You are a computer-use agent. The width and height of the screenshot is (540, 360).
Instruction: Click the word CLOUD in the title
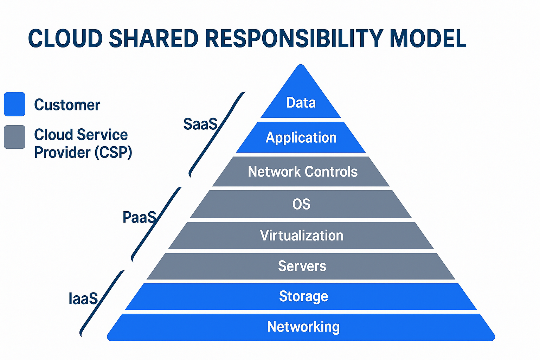(65, 38)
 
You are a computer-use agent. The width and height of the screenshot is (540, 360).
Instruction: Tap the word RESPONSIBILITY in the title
(294, 38)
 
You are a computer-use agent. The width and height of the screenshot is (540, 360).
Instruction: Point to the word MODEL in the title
(428, 38)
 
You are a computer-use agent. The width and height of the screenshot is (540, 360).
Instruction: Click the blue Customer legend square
(14, 104)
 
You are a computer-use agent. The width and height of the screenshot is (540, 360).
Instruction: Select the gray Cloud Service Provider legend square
(14, 137)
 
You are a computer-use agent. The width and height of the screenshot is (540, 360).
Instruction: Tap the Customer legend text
(67, 105)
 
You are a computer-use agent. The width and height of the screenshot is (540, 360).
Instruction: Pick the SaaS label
(200, 124)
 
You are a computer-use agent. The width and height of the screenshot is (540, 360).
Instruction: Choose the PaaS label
(139, 217)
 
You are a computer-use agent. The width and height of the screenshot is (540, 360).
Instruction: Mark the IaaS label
(83, 299)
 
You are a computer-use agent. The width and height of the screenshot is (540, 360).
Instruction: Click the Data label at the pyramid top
(301, 103)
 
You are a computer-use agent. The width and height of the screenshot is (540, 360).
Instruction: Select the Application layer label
(301, 137)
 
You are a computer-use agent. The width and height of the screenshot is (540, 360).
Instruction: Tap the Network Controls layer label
(302, 172)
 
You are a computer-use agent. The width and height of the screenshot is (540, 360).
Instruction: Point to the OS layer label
(301, 204)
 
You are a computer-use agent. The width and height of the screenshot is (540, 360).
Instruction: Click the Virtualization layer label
(302, 236)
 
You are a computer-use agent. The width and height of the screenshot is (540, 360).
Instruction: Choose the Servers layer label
(302, 266)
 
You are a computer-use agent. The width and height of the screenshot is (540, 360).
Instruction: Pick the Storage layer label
(303, 296)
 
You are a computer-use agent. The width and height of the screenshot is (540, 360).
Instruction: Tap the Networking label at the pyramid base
(303, 327)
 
